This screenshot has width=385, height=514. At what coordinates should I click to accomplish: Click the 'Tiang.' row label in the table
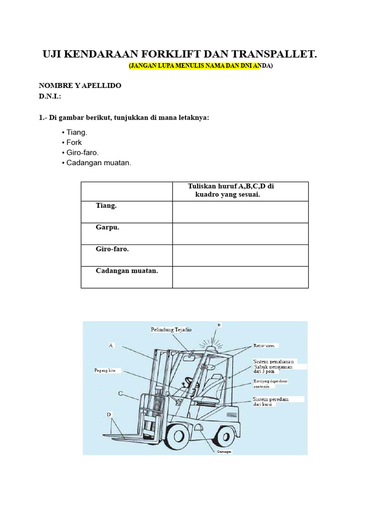coord(106,206)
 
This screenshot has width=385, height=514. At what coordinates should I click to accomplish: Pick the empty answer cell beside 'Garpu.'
coord(240,233)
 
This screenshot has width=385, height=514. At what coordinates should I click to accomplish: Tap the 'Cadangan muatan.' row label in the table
coord(127,271)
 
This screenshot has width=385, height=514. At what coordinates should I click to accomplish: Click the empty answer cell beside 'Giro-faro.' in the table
coord(240,255)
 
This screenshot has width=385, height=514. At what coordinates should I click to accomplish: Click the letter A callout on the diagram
coord(111,345)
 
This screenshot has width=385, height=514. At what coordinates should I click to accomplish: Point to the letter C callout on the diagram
coord(121,394)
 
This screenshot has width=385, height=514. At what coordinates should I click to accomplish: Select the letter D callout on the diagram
coord(109,414)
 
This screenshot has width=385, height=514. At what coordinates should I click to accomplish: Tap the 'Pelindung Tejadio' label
coord(171,330)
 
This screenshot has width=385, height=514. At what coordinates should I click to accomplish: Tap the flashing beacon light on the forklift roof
coord(212,347)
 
